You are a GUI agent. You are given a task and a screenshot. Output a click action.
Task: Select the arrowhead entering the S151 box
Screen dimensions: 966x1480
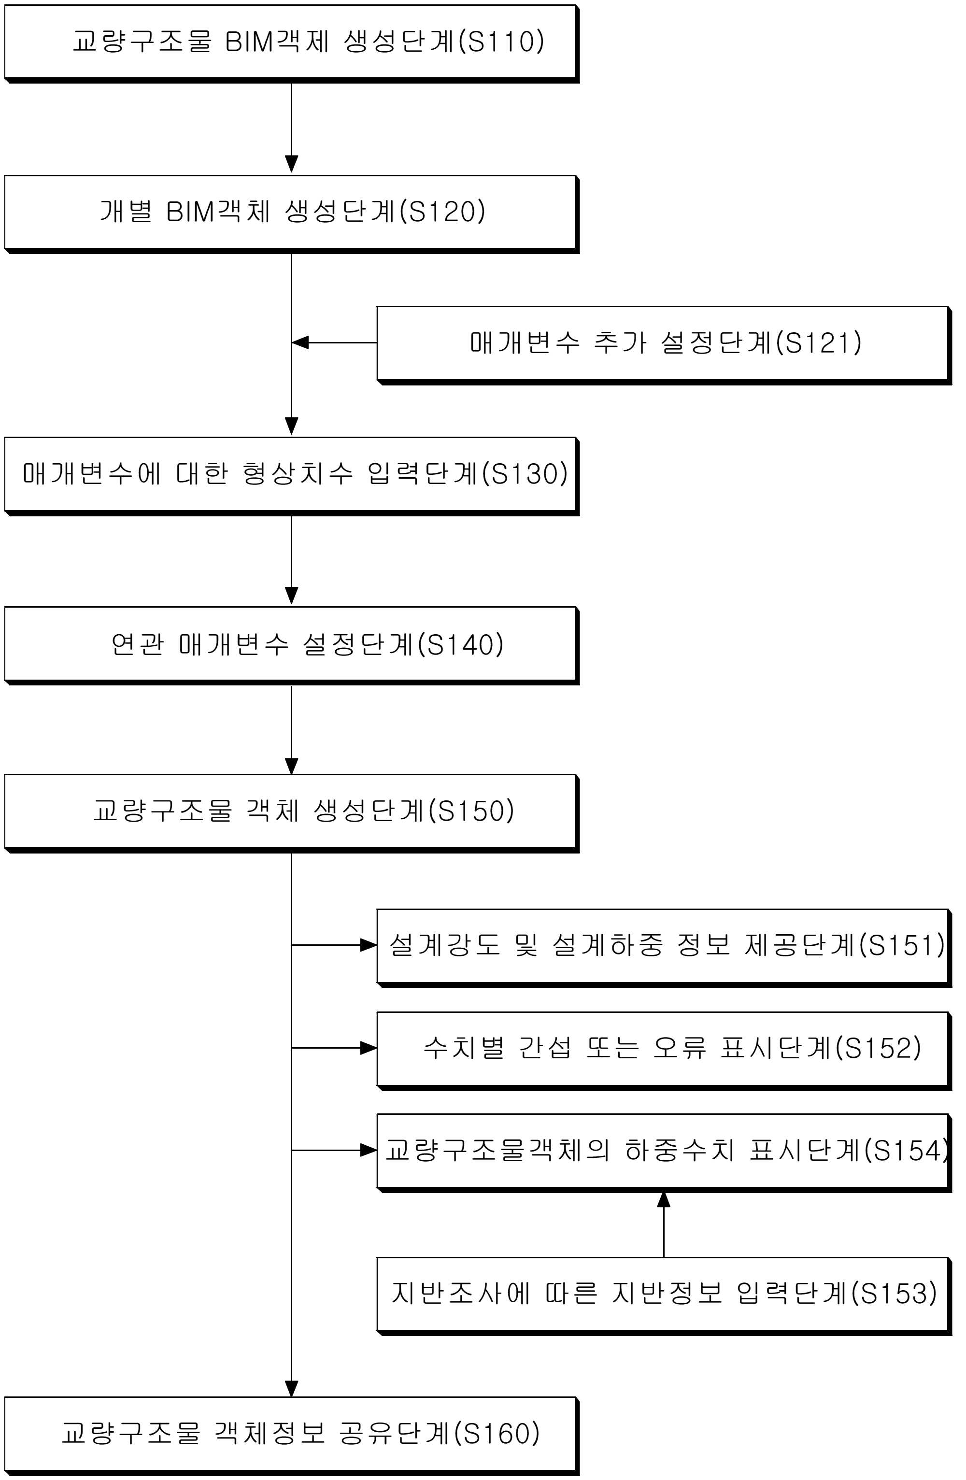point(368,945)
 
